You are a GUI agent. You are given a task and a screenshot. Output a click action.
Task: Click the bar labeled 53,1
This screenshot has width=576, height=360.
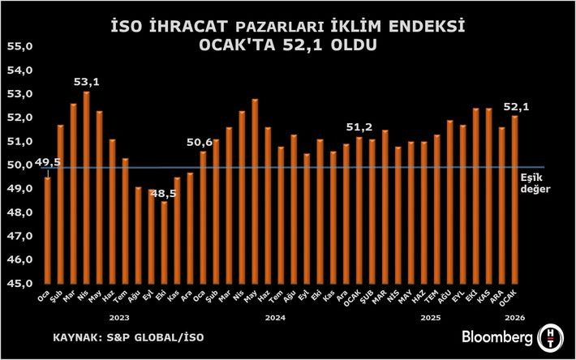(x=87, y=187)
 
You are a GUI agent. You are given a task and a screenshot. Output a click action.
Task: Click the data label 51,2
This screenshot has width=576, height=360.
(x=359, y=127)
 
